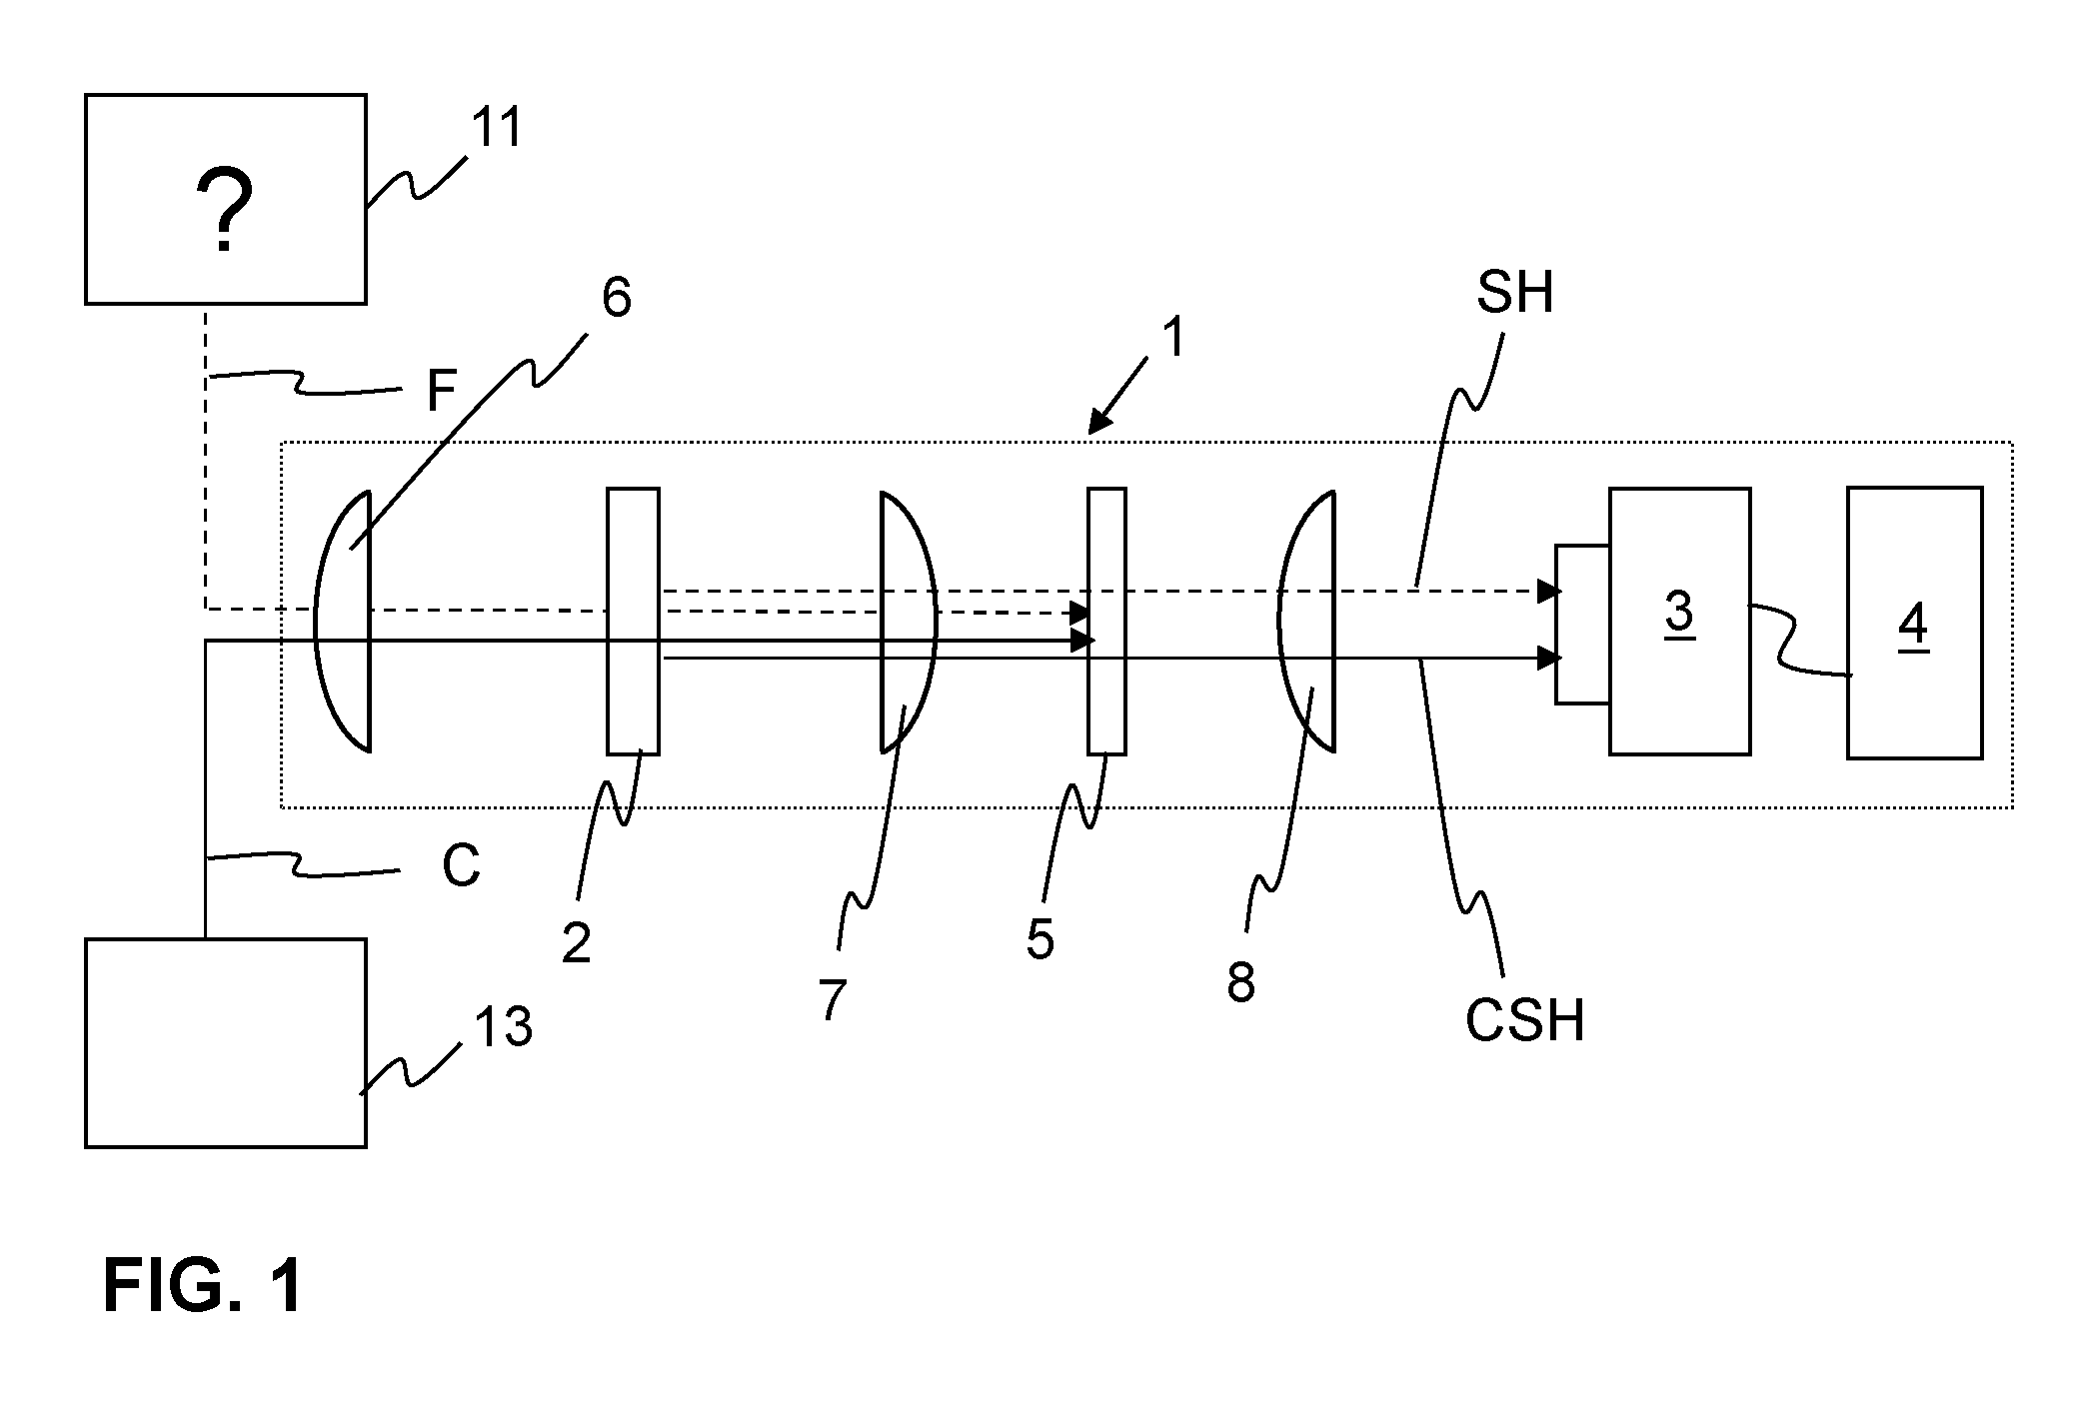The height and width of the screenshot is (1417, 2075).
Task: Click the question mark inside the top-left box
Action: click(225, 210)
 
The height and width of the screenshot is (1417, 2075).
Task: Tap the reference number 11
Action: click(496, 128)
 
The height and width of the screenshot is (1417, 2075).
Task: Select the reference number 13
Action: click(502, 1026)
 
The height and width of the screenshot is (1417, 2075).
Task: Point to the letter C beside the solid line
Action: click(462, 866)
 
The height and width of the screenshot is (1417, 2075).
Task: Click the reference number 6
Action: click(616, 297)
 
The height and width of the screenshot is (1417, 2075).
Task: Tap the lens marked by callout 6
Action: click(343, 621)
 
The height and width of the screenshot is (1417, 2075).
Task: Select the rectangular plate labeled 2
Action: click(633, 621)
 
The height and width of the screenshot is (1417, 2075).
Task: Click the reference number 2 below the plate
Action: click(577, 942)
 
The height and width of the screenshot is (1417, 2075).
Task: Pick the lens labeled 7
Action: click(909, 621)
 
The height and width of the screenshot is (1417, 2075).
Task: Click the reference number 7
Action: click(833, 998)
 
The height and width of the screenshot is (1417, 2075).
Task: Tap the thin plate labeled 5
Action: click(1106, 621)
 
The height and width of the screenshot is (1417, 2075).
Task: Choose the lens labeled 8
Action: click(1306, 621)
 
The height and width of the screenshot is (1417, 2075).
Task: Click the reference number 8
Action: click(1240, 982)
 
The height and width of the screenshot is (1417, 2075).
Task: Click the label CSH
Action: click(1525, 1021)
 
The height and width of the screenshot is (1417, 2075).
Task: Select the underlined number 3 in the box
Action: click(1679, 613)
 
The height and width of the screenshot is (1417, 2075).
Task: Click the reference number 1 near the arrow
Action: click(1174, 338)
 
